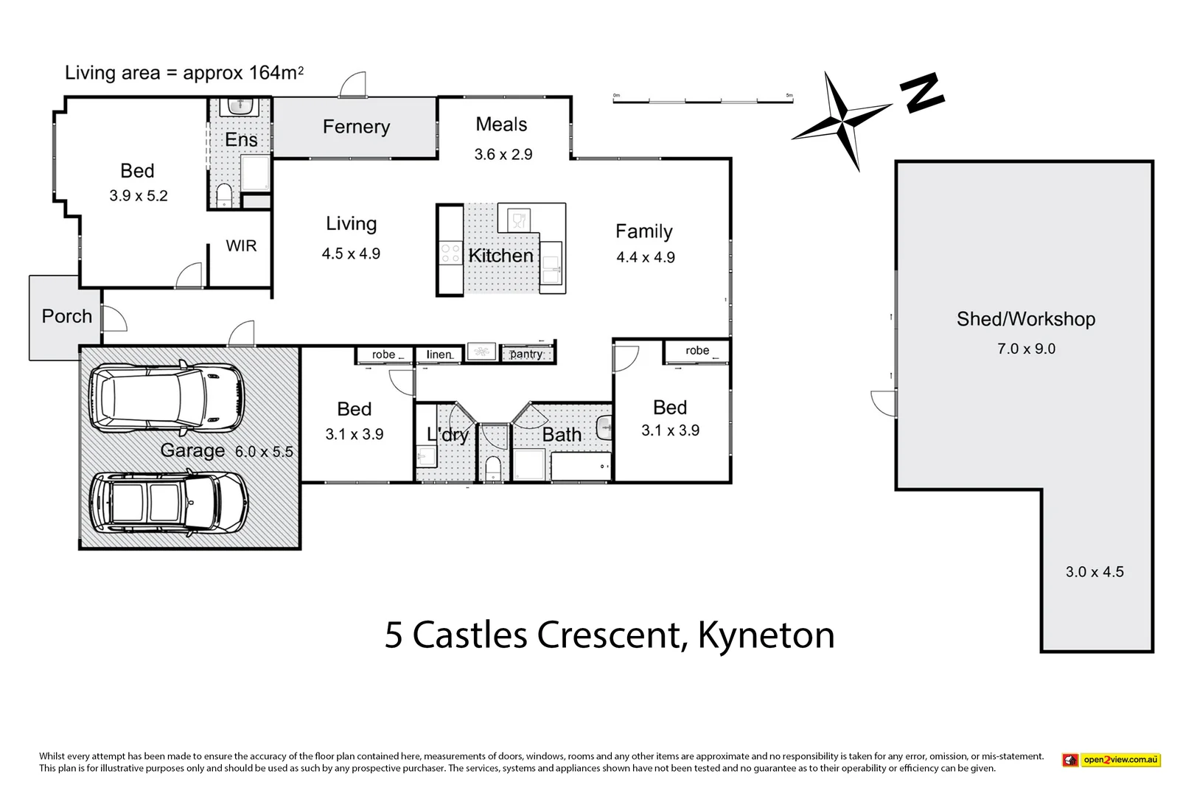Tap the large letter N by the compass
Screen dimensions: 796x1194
point(921,93)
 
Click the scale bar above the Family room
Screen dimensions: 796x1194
point(702,99)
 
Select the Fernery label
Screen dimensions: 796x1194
point(356,127)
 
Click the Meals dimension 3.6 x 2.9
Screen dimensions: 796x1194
point(503,155)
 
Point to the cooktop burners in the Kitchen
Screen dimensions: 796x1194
point(450,254)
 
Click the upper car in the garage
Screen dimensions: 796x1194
point(167,398)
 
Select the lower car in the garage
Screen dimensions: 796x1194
point(169,503)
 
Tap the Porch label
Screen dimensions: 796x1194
point(66,316)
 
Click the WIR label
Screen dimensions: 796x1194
point(241,246)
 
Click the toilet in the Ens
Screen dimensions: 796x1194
point(224,195)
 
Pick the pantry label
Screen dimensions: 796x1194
point(526,355)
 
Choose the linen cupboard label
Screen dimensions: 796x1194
point(439,355)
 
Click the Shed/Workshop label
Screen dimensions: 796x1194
point(1025,319)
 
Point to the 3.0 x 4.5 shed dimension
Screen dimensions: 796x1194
point(1094,572)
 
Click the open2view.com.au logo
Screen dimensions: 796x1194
point(1111,760)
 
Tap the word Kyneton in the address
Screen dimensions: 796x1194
point(766,635)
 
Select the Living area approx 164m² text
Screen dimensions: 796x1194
point(184,73)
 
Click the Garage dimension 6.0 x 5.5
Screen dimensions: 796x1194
point(264,452)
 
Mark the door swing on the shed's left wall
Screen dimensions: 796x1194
point(884,404)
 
